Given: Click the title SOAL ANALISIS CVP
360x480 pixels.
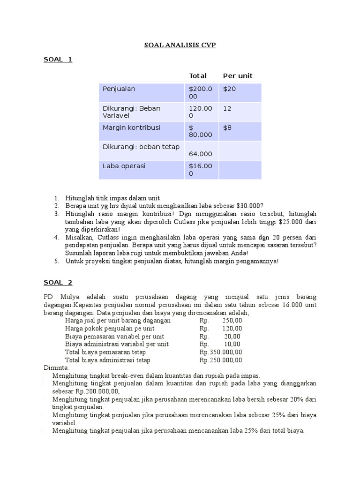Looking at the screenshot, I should [x=180, y=45].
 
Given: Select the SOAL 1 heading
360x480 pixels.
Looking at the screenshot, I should [x=58, y=60].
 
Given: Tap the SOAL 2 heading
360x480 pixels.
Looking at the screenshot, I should [x=58, y=282].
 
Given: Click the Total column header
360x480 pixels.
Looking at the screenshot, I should [x=197, y=76].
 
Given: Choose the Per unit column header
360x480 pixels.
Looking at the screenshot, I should [x=237, y=76].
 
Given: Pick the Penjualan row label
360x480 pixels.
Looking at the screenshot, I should [x=119, y=89].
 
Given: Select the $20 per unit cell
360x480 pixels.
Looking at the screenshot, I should [x=229, y=89].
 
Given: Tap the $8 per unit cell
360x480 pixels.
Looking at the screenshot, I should [x=227, y=127].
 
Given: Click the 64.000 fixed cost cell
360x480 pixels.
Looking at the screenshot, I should [x=200, y=154].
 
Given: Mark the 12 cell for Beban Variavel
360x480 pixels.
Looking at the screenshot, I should [x=227, y=108].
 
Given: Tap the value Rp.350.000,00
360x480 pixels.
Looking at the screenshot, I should [x=221, y=352].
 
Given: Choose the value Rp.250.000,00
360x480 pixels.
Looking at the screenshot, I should [x=221, y=360].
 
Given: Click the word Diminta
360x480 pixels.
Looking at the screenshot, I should [x=56, y=368].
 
